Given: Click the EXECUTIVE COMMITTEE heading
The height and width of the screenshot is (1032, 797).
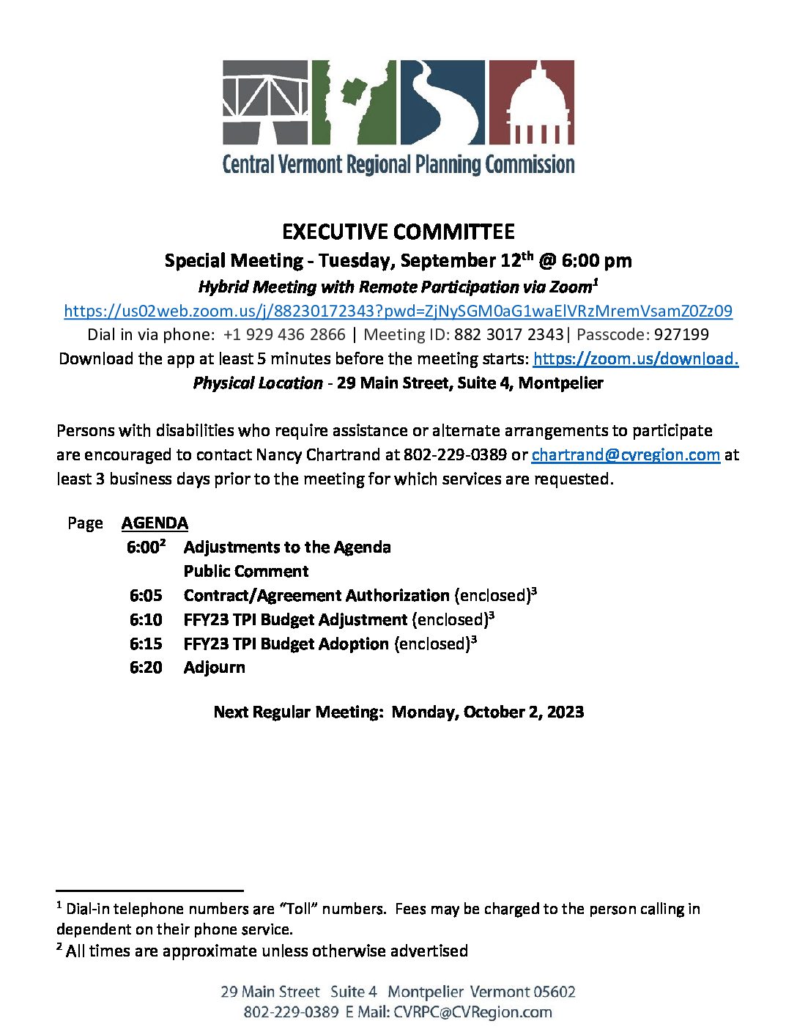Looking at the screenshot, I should (398, 232).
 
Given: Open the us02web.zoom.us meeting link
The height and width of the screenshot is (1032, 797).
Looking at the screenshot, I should (398, 311).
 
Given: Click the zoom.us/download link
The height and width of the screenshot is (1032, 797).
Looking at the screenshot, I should (636, 358).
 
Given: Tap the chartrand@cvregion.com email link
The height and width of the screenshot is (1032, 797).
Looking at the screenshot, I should (626, 454).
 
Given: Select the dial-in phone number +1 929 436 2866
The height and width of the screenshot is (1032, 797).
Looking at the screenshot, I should (284, 335).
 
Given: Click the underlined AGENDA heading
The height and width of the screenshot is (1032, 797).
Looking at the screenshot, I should (155, 523).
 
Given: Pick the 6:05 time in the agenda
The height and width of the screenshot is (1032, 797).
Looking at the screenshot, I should (146, 596).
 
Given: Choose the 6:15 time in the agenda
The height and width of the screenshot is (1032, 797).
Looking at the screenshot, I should (146, 644).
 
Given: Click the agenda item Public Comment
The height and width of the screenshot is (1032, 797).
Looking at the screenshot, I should (246, 572).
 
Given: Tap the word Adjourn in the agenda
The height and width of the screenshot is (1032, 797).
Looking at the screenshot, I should (215, 668).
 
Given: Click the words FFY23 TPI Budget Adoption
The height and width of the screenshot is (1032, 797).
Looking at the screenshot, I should (286, 644).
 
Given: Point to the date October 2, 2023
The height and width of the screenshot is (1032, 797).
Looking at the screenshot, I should (524, 712).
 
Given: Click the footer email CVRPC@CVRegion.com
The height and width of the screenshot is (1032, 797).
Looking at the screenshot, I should (472, 1012).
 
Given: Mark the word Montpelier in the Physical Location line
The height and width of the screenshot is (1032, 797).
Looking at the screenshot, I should (560, 383).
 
